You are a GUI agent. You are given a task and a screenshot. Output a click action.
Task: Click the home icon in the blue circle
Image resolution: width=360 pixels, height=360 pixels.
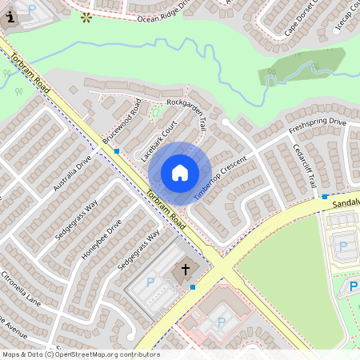180,172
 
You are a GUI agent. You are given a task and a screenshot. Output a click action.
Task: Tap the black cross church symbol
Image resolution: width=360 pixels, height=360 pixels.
186,270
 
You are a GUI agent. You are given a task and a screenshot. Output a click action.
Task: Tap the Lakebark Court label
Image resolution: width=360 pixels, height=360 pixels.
158,142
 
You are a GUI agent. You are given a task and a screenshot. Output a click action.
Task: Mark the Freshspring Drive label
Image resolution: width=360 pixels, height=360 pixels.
317,127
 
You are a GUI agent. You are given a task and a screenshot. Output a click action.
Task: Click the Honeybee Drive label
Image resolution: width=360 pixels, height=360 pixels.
101,239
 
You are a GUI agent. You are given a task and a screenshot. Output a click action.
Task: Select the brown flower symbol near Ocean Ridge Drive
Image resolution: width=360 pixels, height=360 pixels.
86,15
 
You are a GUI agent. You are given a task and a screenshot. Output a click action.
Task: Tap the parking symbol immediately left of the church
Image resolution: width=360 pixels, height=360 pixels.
150,282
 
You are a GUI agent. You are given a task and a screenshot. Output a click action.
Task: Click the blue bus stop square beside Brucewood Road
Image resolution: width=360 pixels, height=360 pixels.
117,150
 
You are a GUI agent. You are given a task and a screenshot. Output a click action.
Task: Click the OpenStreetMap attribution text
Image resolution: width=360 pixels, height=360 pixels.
81,354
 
